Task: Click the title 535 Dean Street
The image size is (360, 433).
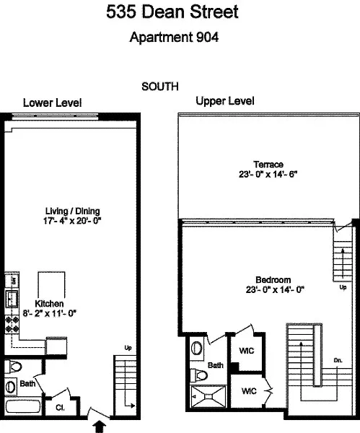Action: (x=172, y=12)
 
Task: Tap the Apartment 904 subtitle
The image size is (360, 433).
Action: (x=174, y=37)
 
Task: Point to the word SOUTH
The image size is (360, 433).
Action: (x=160, y=87)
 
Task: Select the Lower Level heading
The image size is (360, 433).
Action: (x=52, y=102)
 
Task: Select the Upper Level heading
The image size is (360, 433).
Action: (x=225, y=101)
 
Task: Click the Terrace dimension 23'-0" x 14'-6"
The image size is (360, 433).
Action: (x=268, y=175)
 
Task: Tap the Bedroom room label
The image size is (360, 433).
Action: (x=273, y=280)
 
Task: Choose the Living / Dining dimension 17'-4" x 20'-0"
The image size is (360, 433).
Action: (x=72, y=221)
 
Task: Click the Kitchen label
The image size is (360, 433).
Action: (x=49, y=304)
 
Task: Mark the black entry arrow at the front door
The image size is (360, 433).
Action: (x=100, y=427)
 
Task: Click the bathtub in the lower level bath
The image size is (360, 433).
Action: (x=23, y=407)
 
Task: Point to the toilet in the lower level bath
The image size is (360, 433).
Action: (x=13, y=367)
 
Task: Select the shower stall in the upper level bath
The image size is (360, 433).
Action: (x=208, y=396)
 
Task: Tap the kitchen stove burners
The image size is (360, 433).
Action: (x=12, y=324)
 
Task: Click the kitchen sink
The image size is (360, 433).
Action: (x=12, y=299)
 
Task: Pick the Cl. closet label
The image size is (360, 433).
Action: (x=60, y=407)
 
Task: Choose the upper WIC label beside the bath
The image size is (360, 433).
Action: (x=247, y=351)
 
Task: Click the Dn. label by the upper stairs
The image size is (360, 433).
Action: (x=338, y=360)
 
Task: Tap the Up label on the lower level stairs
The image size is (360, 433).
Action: (x=128, y=348)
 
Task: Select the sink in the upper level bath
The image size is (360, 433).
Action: (x=196, y=347)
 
